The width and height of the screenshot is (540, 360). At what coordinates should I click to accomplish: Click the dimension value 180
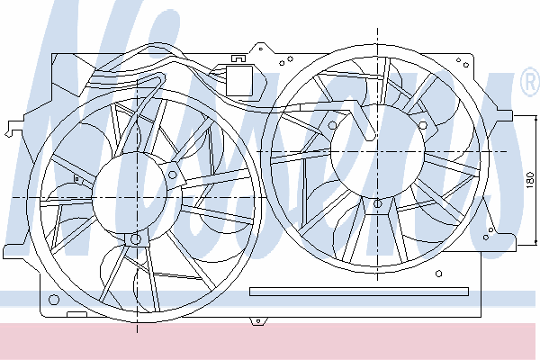(531, 180)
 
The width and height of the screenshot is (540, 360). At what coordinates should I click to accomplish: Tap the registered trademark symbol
(530, 82)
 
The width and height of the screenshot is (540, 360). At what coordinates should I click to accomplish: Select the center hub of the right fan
(377, 151)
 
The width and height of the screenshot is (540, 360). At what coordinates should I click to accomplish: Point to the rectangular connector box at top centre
(239, 81)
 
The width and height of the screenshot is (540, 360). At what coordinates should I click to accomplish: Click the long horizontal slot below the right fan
(359, 292)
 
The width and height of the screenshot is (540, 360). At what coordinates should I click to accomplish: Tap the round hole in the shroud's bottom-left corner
(54, 300)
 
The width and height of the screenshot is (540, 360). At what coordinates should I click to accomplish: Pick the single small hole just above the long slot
(438, 274)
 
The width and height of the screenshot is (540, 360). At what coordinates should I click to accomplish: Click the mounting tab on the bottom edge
(258, 321)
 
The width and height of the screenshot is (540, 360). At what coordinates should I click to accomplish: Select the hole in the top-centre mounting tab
(261, 49)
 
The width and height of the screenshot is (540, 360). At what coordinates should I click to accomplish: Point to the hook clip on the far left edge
(13, 128)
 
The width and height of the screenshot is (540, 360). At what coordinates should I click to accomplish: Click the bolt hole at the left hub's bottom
(137, 238)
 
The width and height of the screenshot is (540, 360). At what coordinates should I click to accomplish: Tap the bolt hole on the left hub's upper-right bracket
(173, 175)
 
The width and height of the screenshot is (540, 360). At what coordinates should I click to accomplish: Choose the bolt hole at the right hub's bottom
(377, 203)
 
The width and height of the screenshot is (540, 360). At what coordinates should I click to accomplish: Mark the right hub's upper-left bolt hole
(332, 125)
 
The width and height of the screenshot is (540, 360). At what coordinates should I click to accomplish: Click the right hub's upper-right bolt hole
(423, 125)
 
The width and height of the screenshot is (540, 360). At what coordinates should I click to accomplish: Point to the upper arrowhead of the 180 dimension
(535, 119)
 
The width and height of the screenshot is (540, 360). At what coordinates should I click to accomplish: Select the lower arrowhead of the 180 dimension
(535, 242)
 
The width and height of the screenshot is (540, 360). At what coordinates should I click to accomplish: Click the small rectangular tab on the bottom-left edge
(76, 314)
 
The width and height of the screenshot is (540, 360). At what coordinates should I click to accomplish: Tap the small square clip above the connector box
(238, 58)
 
